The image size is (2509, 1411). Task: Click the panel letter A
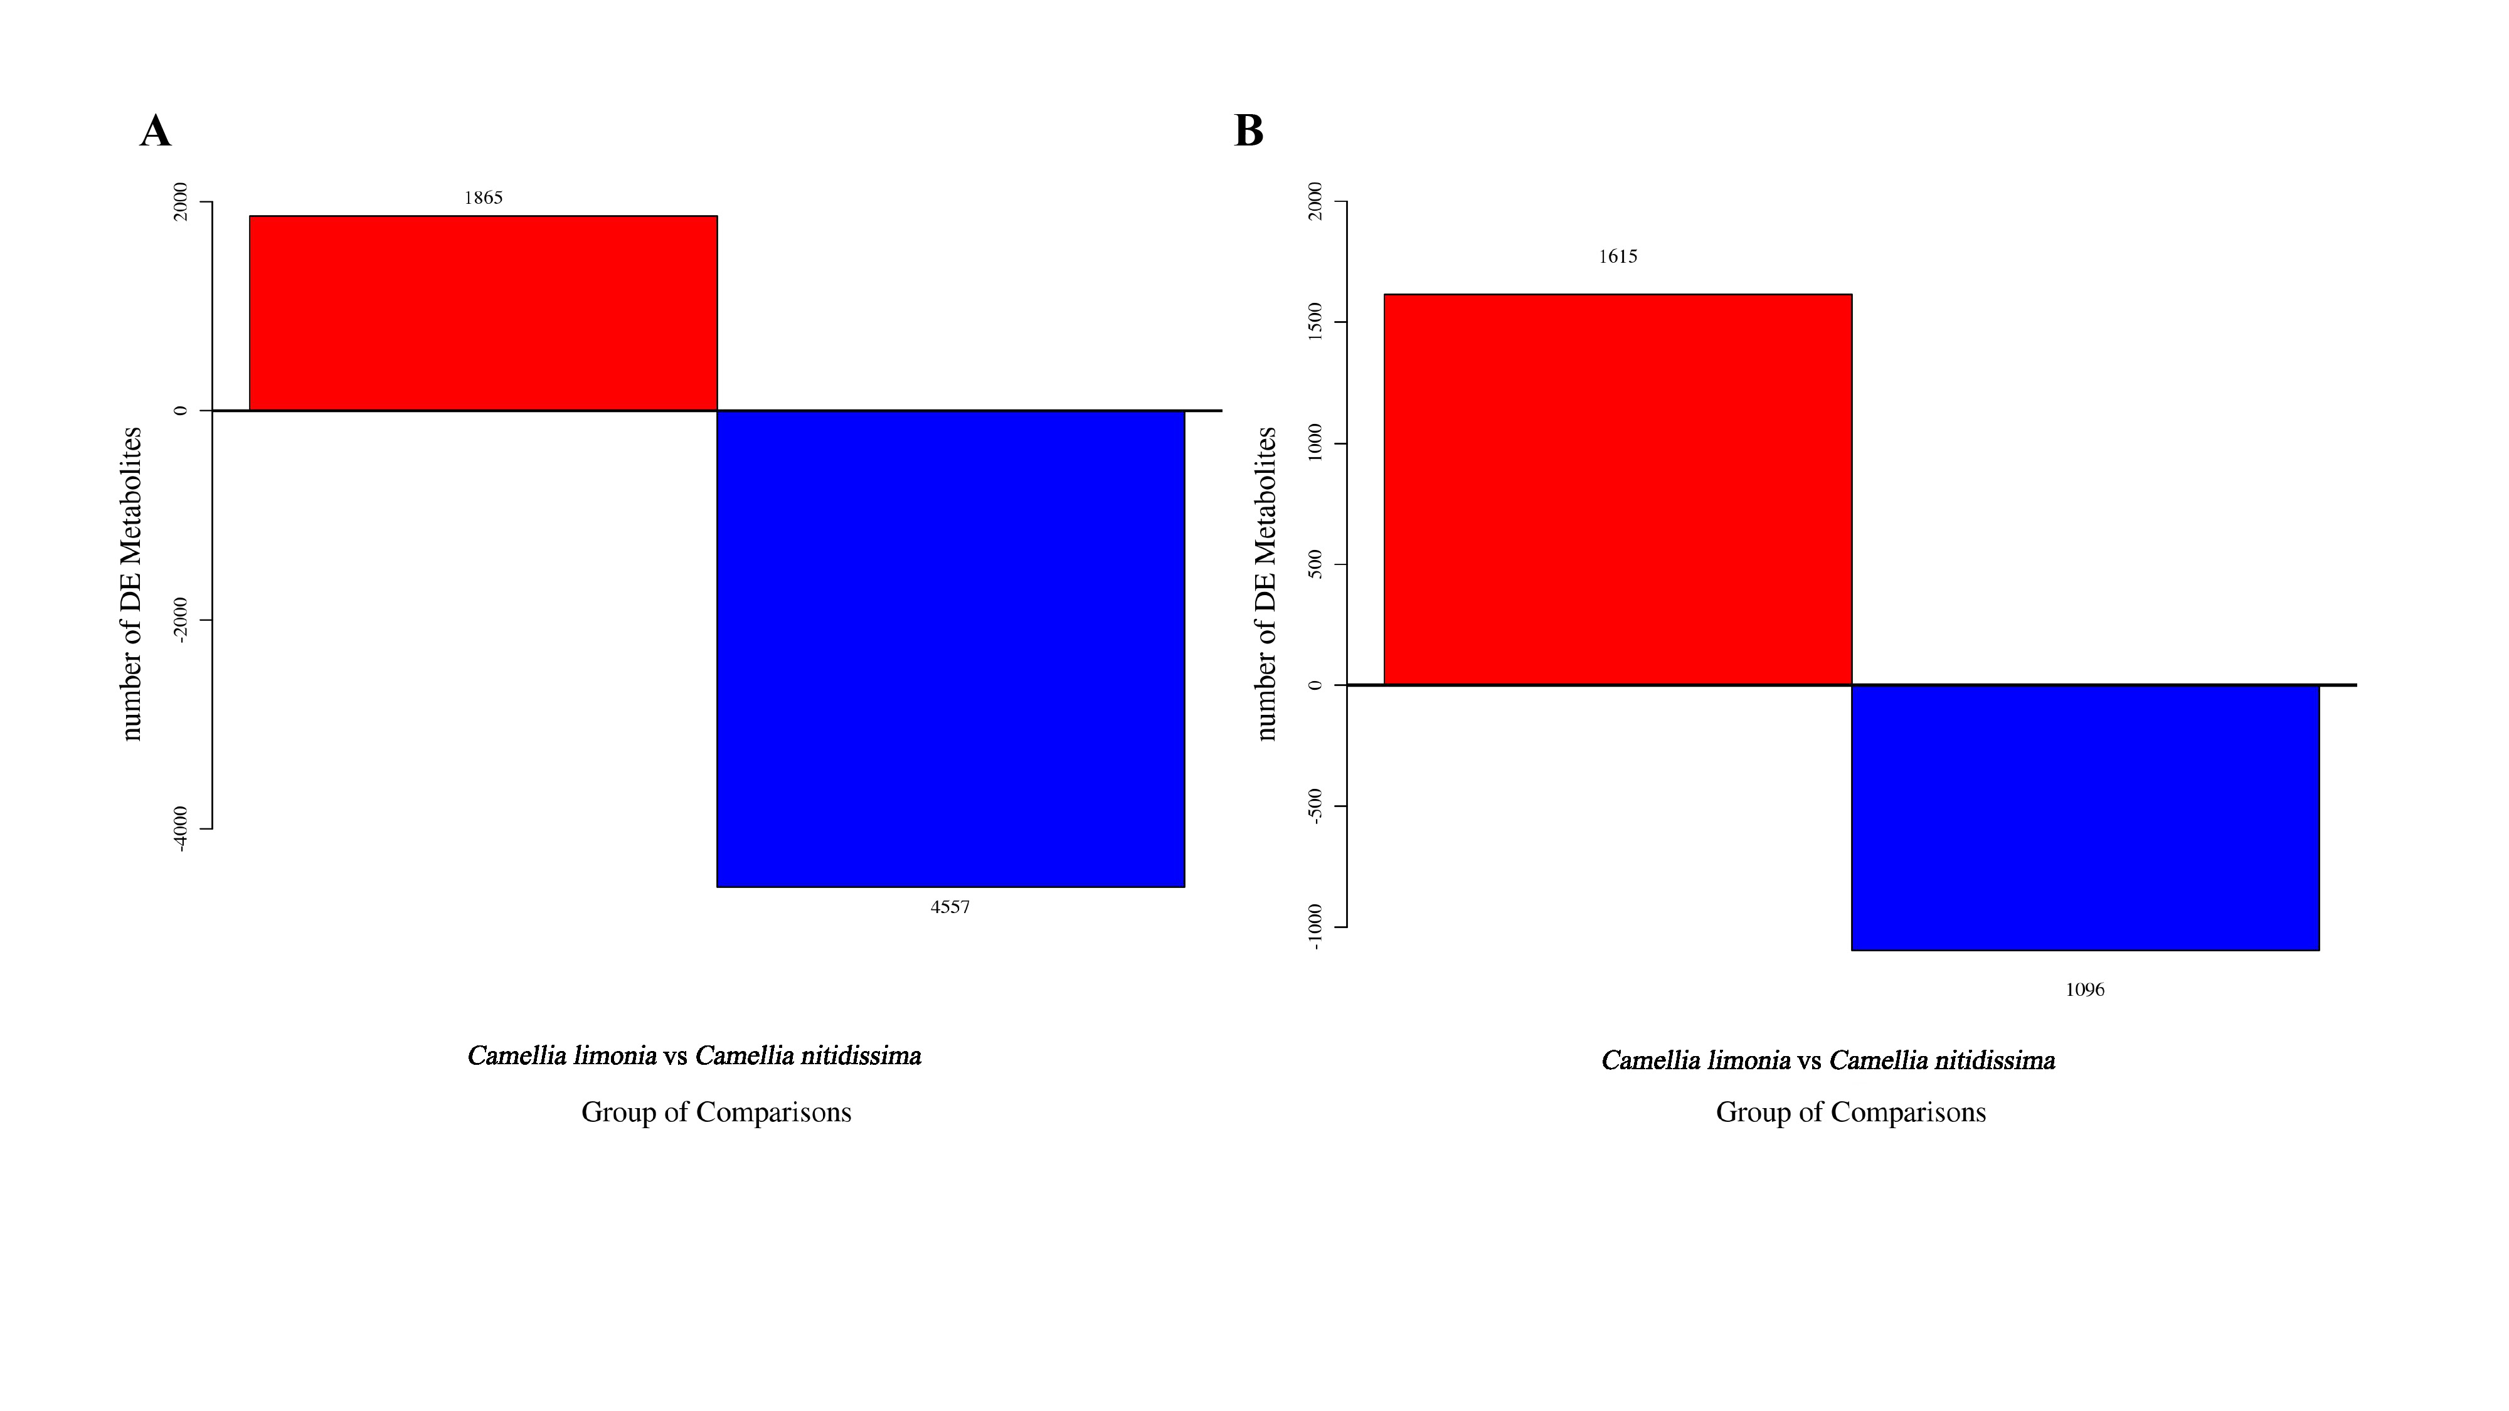tap(156, 132)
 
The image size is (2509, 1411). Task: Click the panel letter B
tap(1249, 132)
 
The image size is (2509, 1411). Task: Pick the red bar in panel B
tap(1617, 489)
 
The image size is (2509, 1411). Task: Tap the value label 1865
tap(483, 198)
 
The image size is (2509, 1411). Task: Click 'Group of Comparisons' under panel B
tap(1850, 1112)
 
